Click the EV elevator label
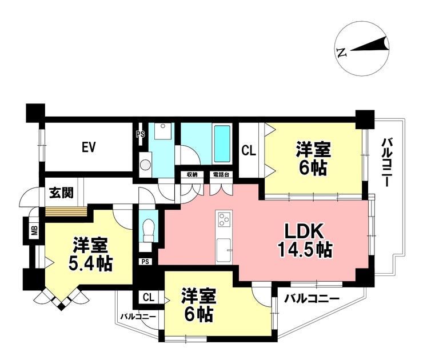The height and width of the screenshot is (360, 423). coord(89,147)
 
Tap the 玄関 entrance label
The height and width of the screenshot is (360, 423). coord(61,193)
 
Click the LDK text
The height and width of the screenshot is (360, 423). coord(304,231)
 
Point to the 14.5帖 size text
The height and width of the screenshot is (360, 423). coord(305,250)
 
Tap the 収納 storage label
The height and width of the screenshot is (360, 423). coord(192,174)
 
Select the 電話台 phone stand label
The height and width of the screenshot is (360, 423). coord(221,174)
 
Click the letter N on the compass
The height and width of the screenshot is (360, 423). coord(341,52)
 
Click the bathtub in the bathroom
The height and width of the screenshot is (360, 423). coord(222,144)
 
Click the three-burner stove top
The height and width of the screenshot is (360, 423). coord(224,218)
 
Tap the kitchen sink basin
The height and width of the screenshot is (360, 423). coord(224,250)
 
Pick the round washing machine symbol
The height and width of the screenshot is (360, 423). coord(146,164)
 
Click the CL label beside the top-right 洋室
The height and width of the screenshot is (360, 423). coord(249,150)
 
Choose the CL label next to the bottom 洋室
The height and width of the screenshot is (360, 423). coord(149,298)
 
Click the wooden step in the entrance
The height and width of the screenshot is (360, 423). coord(66,211)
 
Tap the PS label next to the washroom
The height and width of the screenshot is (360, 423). coord(140,134)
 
